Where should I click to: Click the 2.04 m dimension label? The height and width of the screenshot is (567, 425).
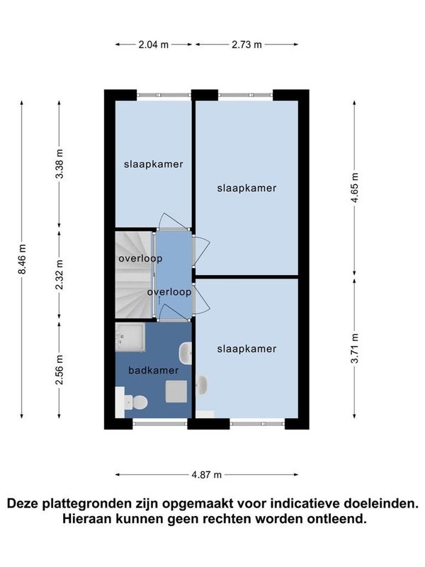[x=154, y=45]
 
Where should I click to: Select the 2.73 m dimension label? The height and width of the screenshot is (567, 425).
[x=246, y=45]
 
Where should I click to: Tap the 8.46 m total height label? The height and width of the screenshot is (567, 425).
[x=22, y=259]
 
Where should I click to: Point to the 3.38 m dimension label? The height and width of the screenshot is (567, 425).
[x=59, y=164]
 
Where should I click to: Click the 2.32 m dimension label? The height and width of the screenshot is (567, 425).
[x=59, y=274]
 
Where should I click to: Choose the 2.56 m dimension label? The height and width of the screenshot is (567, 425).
[x=59, y=369]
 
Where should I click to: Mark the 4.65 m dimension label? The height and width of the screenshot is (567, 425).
[x=355, y=187]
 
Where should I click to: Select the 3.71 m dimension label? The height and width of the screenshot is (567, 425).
[x=355, y=348]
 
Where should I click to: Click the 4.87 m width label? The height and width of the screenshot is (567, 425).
[x=206, y=474]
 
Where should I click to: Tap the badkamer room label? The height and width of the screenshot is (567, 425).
[x=154, y=370]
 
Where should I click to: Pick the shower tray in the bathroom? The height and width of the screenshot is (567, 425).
[x=130, y=337]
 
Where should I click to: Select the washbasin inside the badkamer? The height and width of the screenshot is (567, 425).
[x=186, y=353]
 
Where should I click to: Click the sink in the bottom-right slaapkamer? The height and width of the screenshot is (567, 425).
[x=201, y=385]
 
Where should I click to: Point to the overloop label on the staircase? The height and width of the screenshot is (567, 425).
[x=140, y=259]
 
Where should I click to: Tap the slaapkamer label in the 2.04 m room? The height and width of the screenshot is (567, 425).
[x=154, y=164]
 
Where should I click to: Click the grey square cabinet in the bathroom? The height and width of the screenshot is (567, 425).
[x=176, y=391]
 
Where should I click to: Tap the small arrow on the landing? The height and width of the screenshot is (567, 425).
[x=159, y=300]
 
